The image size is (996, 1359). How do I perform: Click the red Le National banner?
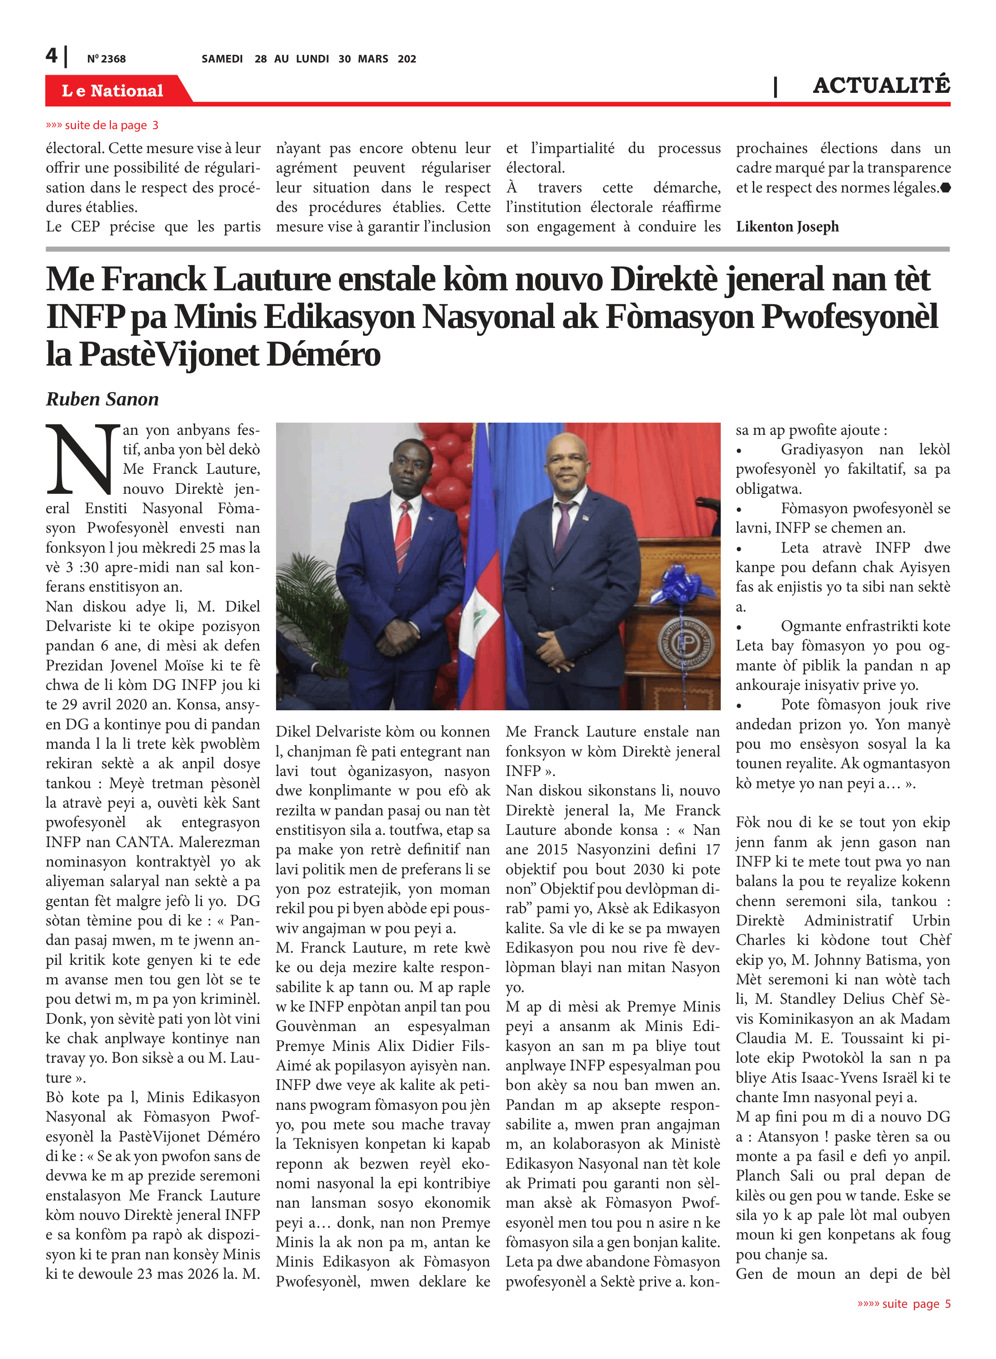point(113,91)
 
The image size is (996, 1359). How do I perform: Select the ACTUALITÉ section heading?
point(881,86)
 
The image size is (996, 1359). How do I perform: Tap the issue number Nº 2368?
point(106,58)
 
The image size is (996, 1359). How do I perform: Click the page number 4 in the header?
point(52,56)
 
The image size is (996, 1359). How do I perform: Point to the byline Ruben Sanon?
point(102,399)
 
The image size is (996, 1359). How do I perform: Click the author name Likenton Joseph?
point(787,227)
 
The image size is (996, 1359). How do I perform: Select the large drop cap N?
point(82,460)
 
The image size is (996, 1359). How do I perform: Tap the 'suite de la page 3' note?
point(102,125)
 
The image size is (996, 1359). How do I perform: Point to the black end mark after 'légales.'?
point(945,188)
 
